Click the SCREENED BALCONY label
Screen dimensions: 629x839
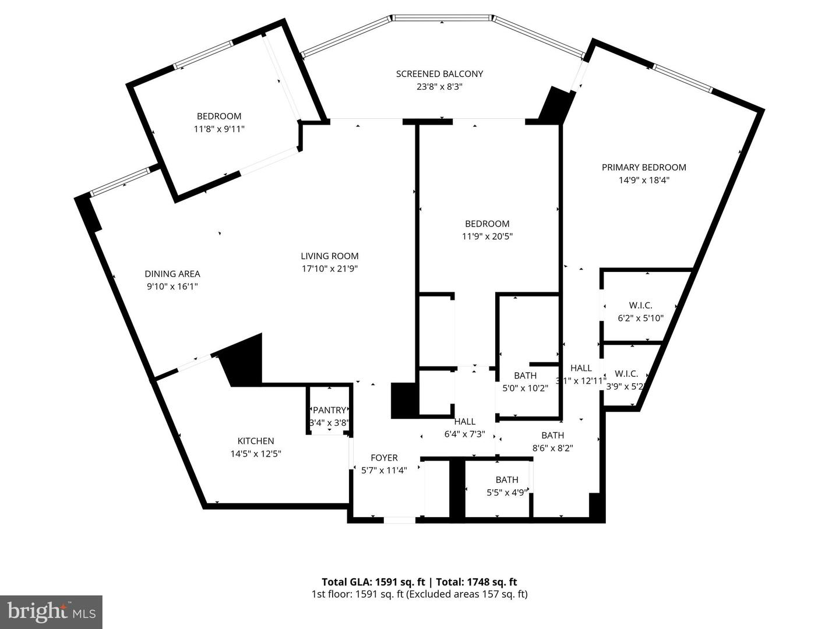(439, 74)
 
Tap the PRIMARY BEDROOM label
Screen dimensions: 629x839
(644, 167)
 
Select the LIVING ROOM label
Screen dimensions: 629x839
(330, 256)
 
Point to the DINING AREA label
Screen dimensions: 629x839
(172, 274)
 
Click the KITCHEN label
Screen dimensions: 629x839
(256, 441)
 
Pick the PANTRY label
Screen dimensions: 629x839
(329, 411)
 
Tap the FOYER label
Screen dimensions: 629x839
(384, 458)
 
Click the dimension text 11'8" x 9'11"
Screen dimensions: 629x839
(219, 129)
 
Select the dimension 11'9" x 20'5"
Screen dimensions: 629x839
(487, 236)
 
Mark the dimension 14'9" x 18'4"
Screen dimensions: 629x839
(644, 180)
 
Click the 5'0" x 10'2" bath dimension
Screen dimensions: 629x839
(525, 388)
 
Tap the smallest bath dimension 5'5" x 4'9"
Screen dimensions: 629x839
(507, 492)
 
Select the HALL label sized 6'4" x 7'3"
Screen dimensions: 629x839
(464, 422)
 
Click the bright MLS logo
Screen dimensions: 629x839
(51, 612)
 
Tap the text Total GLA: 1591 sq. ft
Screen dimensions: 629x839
(375, 582)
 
